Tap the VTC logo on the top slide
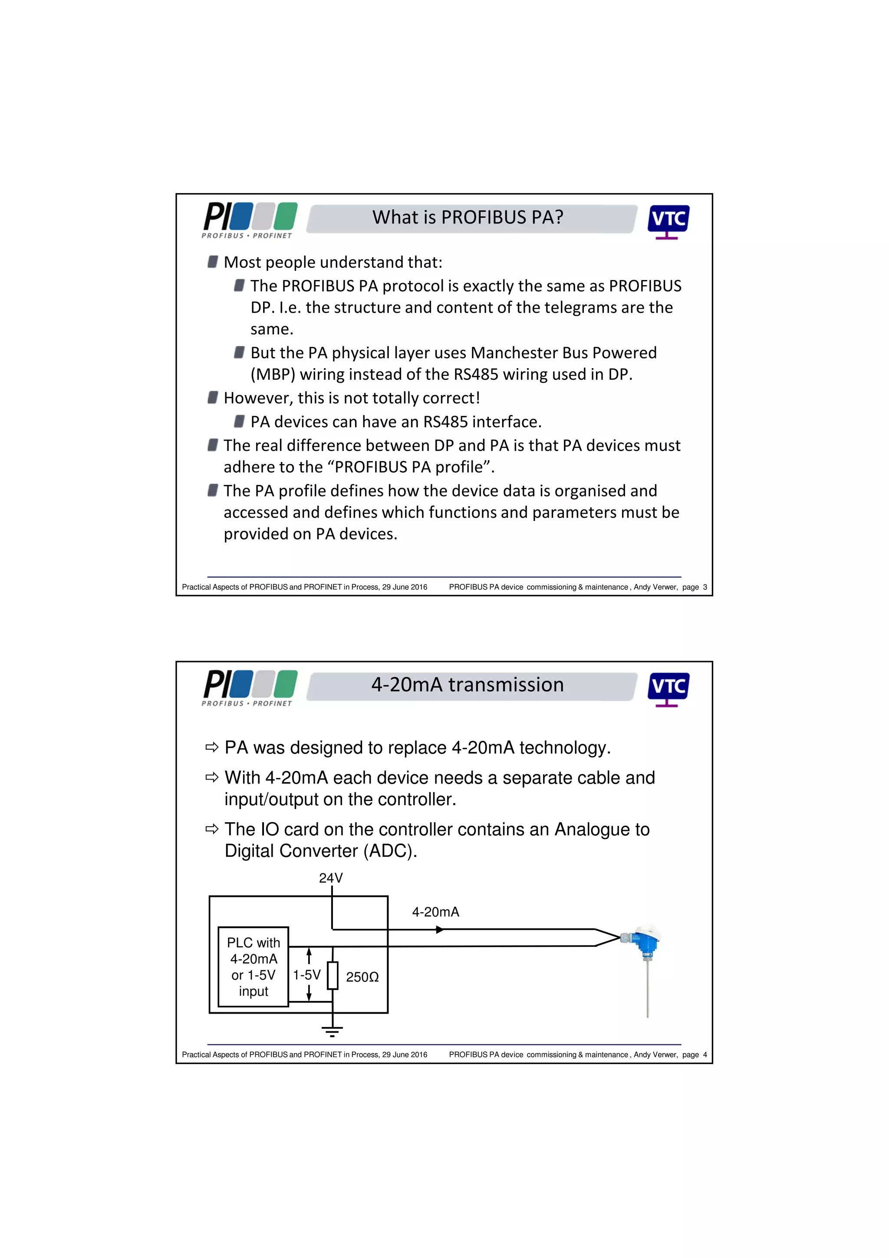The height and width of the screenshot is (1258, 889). (x=668, y=221)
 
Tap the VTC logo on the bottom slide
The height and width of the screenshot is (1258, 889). (x=668, y=688)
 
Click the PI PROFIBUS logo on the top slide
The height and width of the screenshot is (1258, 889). (x=250, y=220)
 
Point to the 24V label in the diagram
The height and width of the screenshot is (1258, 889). (x=330, y=878)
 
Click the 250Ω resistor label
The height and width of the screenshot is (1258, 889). (x=362, y=977)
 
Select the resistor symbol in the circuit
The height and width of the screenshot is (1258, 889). (x=333, y=975)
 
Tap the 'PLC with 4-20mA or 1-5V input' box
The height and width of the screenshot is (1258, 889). (x=253, y=967)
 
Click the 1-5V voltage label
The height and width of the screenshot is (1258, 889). (x=306, y=975)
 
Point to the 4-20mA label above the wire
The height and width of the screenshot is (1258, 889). (x=435, y=912)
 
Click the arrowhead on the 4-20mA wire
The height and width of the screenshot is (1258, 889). (x=439, y=929)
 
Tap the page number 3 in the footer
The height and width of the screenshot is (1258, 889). (x=705, y=587)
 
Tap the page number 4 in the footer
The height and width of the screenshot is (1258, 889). (x=705, y=1054)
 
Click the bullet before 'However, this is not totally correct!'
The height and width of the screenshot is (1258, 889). (x=213, y=397)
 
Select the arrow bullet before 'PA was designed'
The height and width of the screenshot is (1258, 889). (x=212, y=748)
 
